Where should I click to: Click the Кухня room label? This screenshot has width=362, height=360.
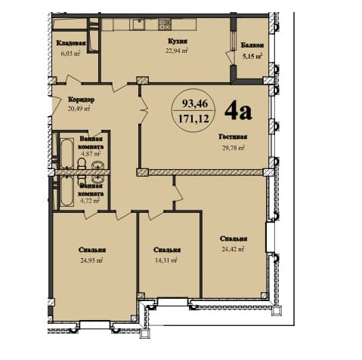click(178, 42)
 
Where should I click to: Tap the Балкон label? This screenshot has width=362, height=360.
click(252, 45)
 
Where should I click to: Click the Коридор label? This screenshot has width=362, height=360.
click(81, 99)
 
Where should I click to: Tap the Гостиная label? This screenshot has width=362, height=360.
click(234, 137)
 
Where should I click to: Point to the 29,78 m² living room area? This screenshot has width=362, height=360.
click(234, 147)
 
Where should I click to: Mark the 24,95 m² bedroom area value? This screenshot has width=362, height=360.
click(91, 260)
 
